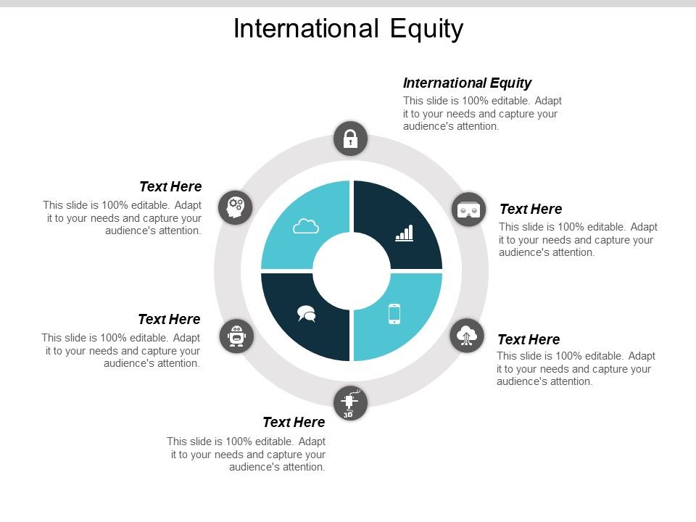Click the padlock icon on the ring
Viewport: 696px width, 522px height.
[351, 138]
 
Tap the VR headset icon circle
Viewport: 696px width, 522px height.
[468, 210]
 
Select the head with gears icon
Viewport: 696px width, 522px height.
[235, 207]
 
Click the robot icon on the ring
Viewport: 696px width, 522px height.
[236, 336]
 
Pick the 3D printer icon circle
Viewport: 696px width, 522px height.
[351, 403]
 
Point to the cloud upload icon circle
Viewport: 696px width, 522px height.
[467, 336]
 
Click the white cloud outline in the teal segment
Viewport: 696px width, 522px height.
[306, 227]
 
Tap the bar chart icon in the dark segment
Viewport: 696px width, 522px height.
[404, 233]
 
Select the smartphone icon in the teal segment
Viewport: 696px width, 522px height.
[394, 313]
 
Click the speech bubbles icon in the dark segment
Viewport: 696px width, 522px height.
[307, 313]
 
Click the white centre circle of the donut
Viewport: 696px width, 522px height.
[352, 271]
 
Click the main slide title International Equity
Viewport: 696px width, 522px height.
[348, 29]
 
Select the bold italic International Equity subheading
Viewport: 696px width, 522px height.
[467, 83]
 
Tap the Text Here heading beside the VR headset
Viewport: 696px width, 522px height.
[531, 209]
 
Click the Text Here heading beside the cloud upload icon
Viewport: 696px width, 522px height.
[529, 339]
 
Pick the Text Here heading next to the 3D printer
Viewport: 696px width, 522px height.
[294, 422]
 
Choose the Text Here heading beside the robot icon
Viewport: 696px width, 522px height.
[169, 319]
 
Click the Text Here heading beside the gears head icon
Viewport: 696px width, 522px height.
[170, 187]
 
